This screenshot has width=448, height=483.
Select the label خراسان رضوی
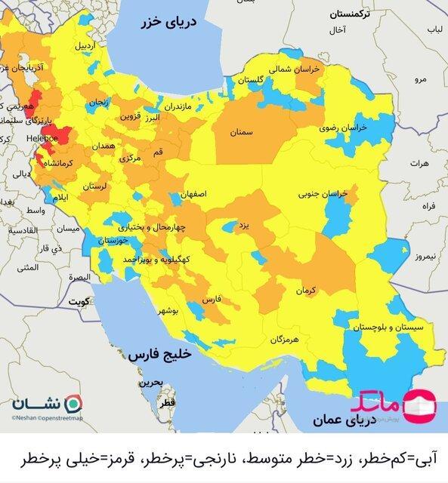coord(341,128)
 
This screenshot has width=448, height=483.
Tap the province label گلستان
coord(250,79)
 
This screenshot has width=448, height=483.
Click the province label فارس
coord(212,300)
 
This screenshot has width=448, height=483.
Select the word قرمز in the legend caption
coord(102,460)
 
